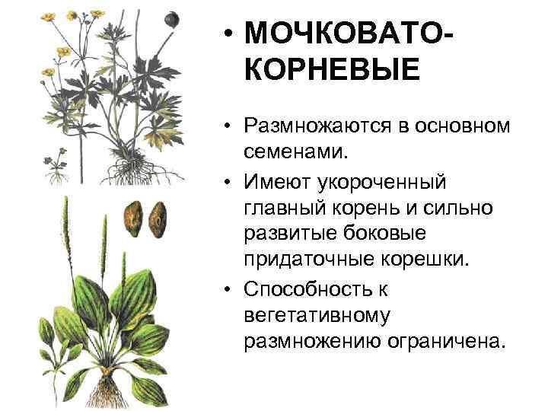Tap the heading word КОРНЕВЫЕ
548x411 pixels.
(332, 72)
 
